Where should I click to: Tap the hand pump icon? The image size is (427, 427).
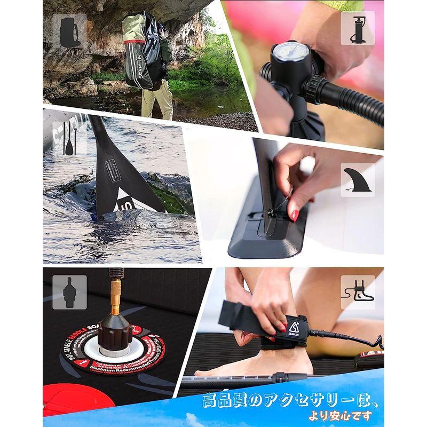click(357, 28)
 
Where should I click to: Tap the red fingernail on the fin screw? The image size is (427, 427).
click(294, 215)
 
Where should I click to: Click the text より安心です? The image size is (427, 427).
click(342, 416)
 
